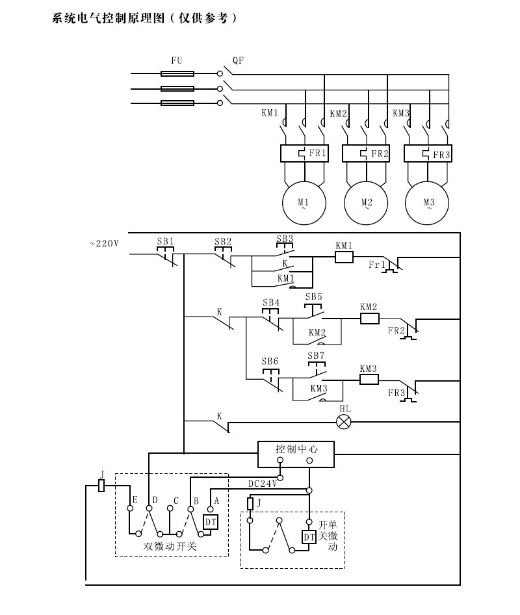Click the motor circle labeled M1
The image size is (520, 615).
[x=304, y=203]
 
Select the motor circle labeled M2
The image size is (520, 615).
[x=366, y=203]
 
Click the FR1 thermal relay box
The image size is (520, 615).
[x=304, y=154]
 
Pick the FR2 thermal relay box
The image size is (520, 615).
[x=366, y=154]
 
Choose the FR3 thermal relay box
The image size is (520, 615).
[x=428, y=154]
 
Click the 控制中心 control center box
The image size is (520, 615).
[x=296, y=454]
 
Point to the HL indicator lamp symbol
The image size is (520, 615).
[x=344, y=421]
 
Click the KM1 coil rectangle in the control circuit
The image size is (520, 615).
[x=344, y=257]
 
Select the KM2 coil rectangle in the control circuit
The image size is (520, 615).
[x=369, y=319]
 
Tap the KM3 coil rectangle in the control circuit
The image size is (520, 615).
[x=369, y=379]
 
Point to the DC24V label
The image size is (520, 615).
[x=263, y=484]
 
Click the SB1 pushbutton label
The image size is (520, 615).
[x=166, y=241]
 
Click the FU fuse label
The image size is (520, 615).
[x=177, y=60]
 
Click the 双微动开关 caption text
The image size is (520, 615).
[x=170, y=546]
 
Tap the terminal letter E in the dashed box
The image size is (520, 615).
[x=134, y=500]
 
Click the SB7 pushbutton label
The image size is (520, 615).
[x=315, y=356]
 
